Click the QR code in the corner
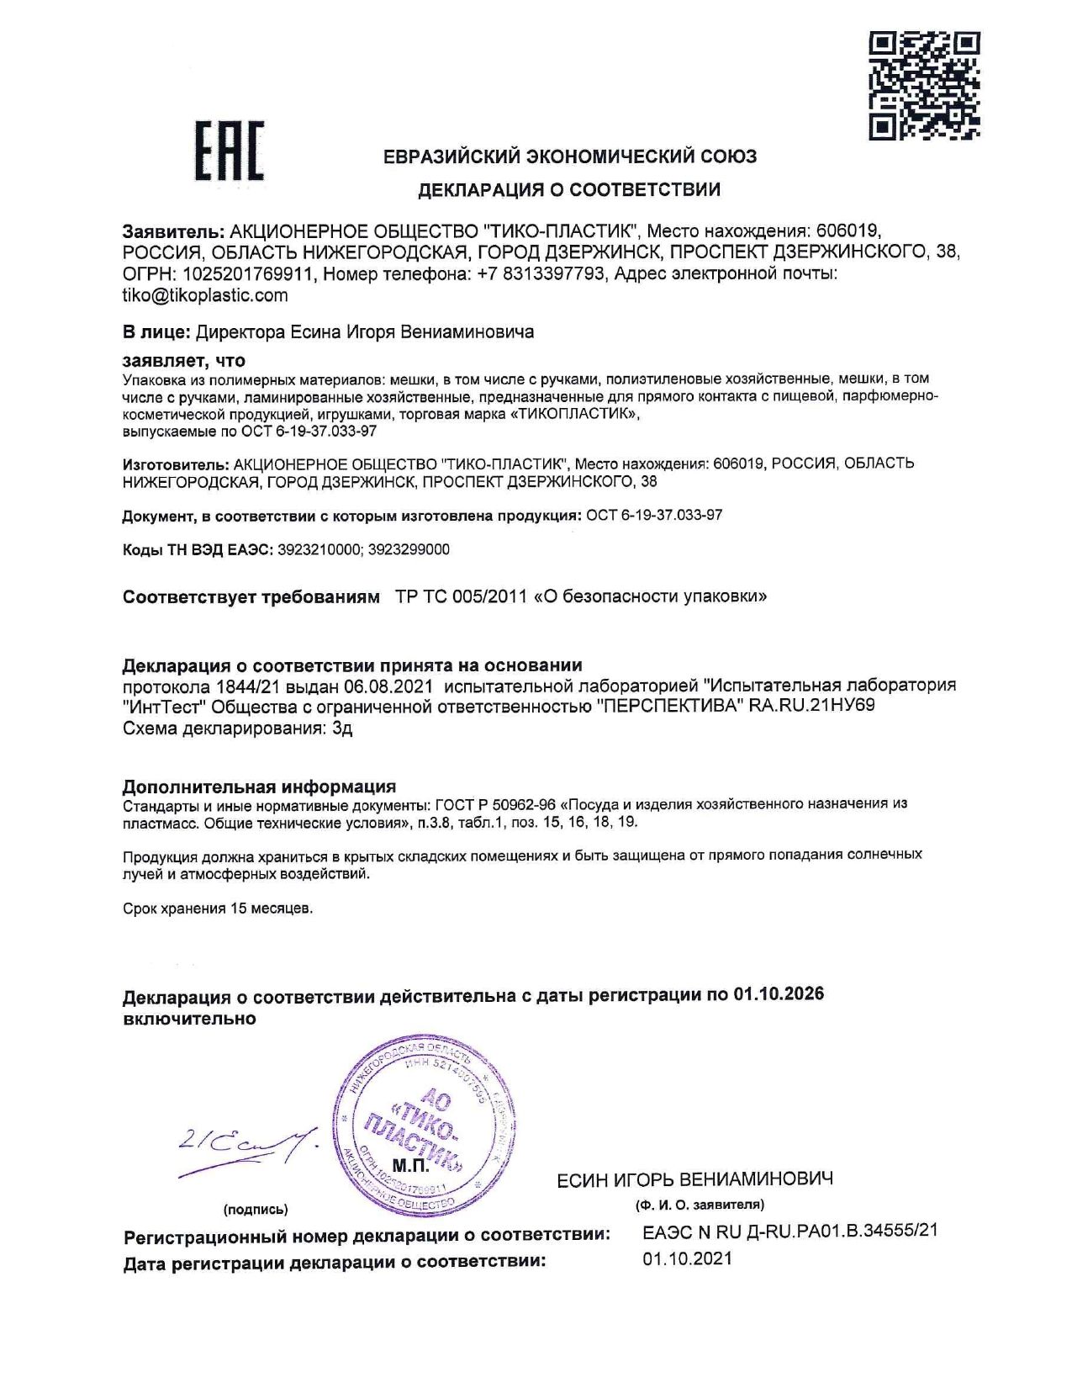pos(924,85)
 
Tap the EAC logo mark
pos(229,151)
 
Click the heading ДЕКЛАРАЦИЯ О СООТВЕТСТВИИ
pos(569,190)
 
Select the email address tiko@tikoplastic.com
pos(205,295)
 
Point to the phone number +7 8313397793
pos(541,273)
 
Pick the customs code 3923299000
pos(409,549)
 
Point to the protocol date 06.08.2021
pos(388,686)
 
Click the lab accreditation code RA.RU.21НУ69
pos(811,706)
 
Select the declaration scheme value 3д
pos(342,728)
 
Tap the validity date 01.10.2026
pos(778,994)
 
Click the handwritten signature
pos(248,1148)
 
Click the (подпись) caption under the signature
pos(256,1209)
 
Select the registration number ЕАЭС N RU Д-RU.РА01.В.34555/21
pos(789,1231)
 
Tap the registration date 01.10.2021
pos(687,1259)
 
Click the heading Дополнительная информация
pos(259,787)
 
